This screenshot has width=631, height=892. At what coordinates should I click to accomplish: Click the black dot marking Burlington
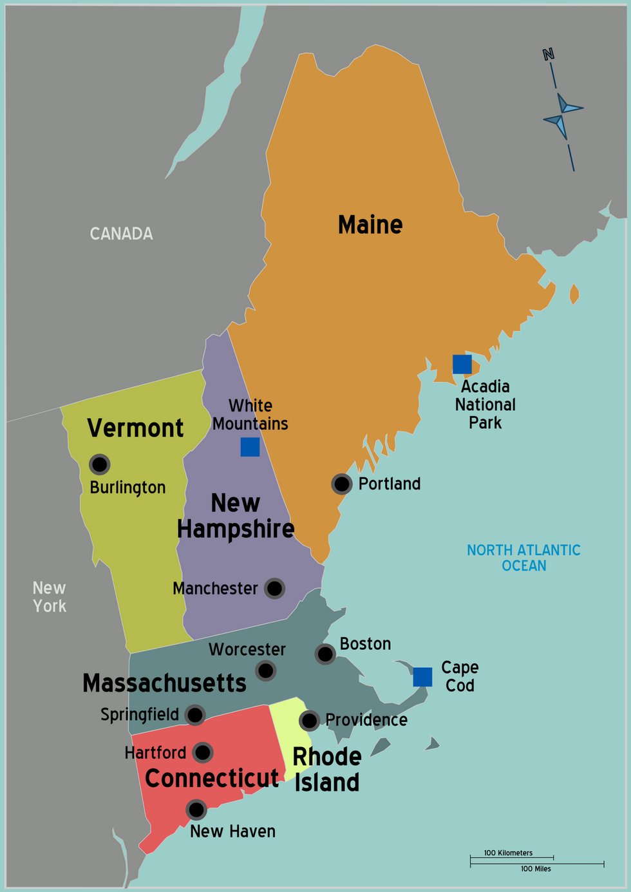[99, 464]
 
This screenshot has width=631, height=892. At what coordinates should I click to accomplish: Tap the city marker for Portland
[342, 484]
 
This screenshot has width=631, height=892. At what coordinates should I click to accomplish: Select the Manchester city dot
[274, 588]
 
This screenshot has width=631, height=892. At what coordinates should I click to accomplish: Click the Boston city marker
[325, 654]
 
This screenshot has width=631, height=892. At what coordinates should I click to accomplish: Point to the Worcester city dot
[266, 670]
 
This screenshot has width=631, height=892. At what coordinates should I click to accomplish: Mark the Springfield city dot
[195, 715]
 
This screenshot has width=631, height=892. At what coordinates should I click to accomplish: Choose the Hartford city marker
[203, 752]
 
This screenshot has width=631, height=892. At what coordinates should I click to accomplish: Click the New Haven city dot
[196, 810]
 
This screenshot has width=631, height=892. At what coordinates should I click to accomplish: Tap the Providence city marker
[310, 720]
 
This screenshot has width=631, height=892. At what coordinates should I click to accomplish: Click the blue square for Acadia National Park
[462, 364]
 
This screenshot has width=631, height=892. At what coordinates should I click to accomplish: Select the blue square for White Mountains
[250, 446]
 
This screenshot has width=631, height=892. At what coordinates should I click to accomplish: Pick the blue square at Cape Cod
[422, 677]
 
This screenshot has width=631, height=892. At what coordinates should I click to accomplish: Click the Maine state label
[370, 225]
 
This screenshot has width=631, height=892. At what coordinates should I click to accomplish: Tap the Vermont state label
[135, 428]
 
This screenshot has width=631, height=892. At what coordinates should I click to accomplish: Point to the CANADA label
[121, 233]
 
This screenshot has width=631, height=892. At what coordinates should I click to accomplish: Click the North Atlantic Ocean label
[523, 558]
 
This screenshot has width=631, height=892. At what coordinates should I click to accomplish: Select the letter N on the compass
[549, 55]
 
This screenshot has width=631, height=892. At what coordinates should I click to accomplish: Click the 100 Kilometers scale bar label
[508, 853]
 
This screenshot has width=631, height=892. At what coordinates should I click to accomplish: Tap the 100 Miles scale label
[536, 869]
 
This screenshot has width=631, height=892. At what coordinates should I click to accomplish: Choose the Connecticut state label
[212, 778]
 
